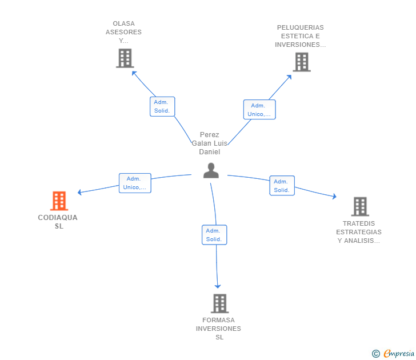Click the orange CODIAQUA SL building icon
(x=59, y=201)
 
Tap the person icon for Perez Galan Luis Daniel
(x=211, y=171)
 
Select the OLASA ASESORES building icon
(x=125, y=58)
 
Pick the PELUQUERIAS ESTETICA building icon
(x=302, y=62)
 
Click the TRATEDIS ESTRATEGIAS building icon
(x=360, y=206)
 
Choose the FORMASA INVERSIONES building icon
(x=219, y=303)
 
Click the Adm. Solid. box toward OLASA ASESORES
(x=162, y=106)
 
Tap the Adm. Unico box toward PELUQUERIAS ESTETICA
(x=259, y=110)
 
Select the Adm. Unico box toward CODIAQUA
(x=135, y=183)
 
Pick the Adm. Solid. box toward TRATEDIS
(x=282, y=186)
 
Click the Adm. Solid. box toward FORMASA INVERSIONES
(x=214, y=235)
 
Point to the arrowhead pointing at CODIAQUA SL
(x=79, y=193)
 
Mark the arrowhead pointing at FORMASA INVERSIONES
(x=218, y=286)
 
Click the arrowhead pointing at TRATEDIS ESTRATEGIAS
(x=335, y=197)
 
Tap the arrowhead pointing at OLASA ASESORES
(x=134, y=73)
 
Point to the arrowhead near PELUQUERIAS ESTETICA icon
(x=290, y=77)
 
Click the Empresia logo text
(x=399, y=353)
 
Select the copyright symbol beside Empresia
(x=375, y=354)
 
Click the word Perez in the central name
(x=209, y=135)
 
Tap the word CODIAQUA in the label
(x=58, y=218)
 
